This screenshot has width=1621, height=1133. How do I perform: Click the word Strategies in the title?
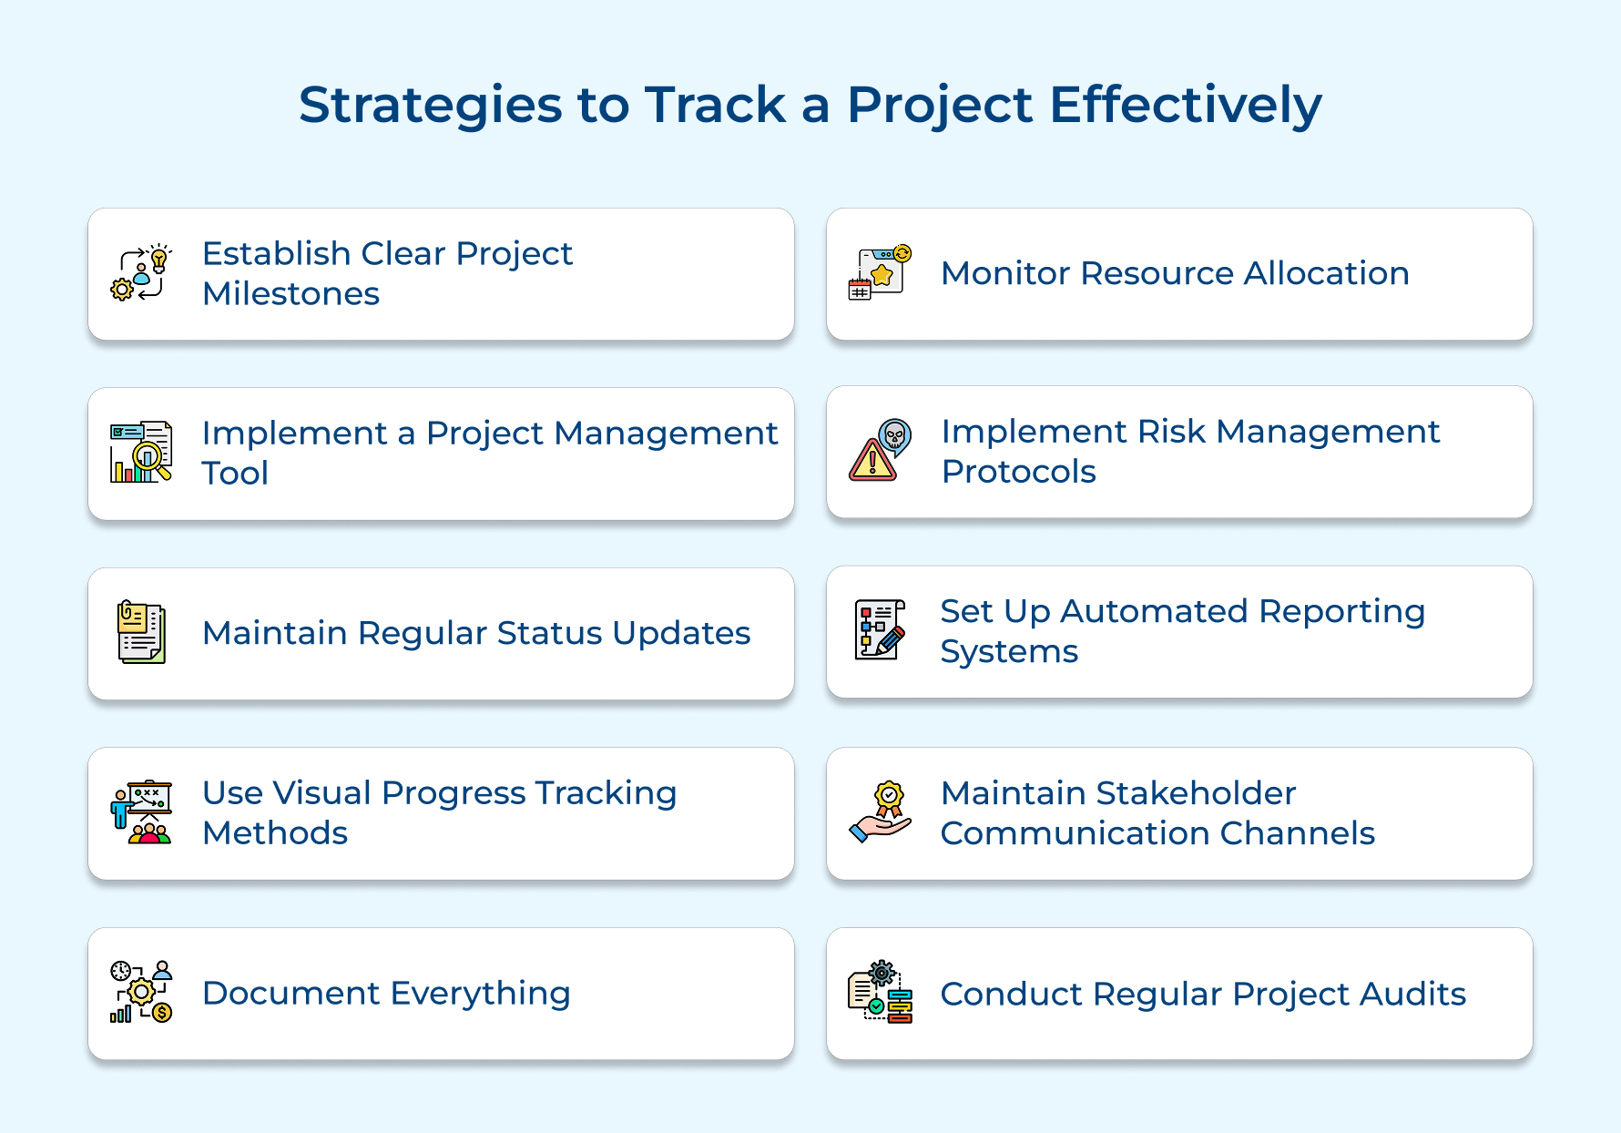point(431,106)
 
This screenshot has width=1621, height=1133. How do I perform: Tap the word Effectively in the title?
point(1186,105)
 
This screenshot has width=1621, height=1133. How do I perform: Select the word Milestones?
point(291,294)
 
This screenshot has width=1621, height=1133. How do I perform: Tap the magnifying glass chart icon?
point(141,452)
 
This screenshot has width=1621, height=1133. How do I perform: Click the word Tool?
point(235,474)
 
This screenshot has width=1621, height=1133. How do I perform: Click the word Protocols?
point(1019,472)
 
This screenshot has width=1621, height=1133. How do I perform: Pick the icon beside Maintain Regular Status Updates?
point(141,632)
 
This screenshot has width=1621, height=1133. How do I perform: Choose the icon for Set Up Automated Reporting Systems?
point(880,629)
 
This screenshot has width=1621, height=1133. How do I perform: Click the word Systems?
point(1009,652)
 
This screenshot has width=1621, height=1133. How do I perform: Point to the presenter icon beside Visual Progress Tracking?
point(141,812)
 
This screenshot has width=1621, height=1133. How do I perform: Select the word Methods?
point(275,833)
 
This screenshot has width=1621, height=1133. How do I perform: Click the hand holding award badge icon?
point(880,812)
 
